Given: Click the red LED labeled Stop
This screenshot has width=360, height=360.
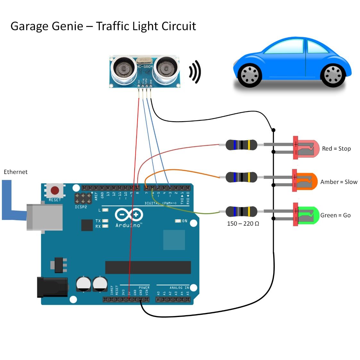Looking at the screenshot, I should click(x=306, y=148).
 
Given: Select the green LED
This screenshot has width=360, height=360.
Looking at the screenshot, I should click(x=306, y=215).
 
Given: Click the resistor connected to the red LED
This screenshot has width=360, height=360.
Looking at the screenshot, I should click(x=241, y=145).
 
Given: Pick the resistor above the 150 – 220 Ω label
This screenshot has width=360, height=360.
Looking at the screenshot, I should click(x=241, y=212).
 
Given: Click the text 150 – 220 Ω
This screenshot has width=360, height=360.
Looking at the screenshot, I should click(x=243, y=223).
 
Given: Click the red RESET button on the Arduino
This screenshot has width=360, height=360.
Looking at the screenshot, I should click(x=55, y=191).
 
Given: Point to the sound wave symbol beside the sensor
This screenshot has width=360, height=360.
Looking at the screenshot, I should click(x=195, y=72).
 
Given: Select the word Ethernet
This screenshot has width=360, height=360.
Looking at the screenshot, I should click(x=15, y=172).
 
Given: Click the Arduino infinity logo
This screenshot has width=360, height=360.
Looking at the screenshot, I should click(x=129, y=215).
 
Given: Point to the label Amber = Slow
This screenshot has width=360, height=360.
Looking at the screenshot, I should click(x=339, y=182).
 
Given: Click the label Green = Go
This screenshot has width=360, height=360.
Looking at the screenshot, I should click(x=335, y=215).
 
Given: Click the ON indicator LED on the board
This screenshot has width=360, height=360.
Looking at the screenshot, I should click(x=178, y=221).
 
